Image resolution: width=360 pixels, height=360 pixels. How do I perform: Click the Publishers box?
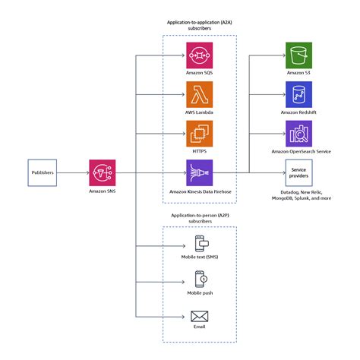(x=43, y=173)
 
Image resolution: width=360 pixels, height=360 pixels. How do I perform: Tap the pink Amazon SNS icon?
(x=102, y=172)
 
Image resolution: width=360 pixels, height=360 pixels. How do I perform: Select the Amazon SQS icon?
(x=200, y=55)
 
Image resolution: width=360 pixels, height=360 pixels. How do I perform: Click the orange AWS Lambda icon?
(x=200, y=94)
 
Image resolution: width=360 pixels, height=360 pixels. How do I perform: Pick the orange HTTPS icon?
(x=200, y=134)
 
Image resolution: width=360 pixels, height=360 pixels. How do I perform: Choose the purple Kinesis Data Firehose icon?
(x=200, y=173)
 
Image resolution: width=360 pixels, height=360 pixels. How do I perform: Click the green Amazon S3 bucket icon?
(x=298, y=55)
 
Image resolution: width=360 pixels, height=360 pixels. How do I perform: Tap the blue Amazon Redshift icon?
(x=298, y=94)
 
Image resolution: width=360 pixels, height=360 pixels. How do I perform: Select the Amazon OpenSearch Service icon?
(x=298, y=134)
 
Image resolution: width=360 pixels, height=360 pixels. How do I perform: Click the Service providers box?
(x=298, y=173)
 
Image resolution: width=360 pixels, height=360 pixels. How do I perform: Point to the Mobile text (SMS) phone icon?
(x=200, y=245)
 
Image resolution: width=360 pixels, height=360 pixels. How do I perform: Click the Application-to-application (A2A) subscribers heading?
(x=200, y=26)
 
